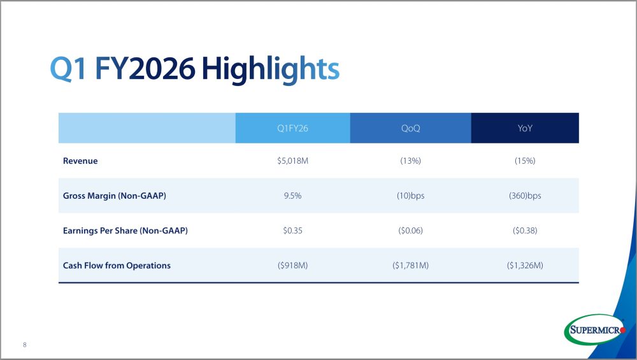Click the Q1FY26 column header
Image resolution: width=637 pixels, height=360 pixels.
(x=292, y=129)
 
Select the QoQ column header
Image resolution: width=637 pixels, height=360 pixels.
(x=410, y=129)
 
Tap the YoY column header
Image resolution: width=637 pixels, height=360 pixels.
(x=525, y=129)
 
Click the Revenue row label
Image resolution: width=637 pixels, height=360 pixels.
(x=80, y=161)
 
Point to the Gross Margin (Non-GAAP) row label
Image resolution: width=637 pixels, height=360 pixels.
(x=115, y=196)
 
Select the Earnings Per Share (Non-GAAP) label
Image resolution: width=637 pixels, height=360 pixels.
(x=125, y=231)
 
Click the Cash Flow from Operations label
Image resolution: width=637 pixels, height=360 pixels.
(x=117, y=266)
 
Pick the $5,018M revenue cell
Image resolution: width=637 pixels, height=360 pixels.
(x=292, y=161)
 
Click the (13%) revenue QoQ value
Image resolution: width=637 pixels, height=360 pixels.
(x=410, y=161)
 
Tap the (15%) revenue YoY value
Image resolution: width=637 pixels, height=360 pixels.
(x=525, y=161)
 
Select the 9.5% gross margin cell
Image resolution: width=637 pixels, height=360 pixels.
(x=292, y=196)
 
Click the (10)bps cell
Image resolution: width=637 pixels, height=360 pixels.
(x=410, y=196)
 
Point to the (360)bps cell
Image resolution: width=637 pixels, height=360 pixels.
(x=525, y=196)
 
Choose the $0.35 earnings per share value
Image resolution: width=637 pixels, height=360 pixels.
(x=292, y=231)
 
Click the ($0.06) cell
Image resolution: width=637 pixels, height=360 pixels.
(x=410, y=231)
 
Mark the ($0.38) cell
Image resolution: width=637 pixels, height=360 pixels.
(x=525, y=231)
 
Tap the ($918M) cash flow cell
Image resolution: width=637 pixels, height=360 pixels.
(x=292, y=266)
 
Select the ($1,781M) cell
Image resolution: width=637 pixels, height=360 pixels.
(x=410, y=266)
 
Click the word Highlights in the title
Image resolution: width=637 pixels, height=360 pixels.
(x=270, y=68)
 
